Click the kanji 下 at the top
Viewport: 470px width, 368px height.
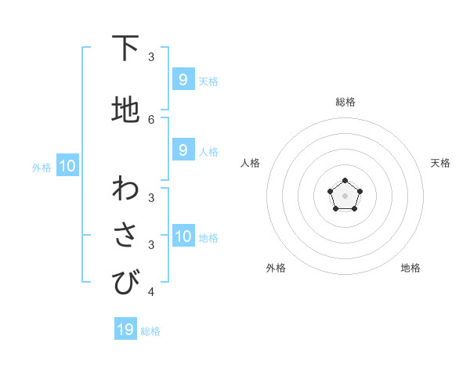[125, 49]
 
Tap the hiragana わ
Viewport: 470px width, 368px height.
[125, 189]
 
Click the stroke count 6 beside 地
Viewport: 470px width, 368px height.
[151, 119]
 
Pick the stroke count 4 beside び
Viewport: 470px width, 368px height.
[151, 293]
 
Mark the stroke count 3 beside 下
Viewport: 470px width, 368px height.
[151, 57]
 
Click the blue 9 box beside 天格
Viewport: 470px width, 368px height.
[183, 79]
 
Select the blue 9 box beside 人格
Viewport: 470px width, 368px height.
[183, 150]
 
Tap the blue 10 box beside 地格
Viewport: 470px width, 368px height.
[183, 236]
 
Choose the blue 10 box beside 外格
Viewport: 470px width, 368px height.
[67, 165]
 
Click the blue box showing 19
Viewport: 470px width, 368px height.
[125, 330]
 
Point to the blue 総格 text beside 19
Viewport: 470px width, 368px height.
[150, 331]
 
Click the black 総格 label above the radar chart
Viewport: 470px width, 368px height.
[345, 102]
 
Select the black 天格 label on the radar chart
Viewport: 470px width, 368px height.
[440, 163]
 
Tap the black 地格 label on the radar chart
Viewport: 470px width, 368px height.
[410, 268]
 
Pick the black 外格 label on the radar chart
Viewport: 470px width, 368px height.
[276, 268]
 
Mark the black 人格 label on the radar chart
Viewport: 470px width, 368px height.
[250, 163]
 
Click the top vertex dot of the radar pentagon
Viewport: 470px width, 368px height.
[345, 182]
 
